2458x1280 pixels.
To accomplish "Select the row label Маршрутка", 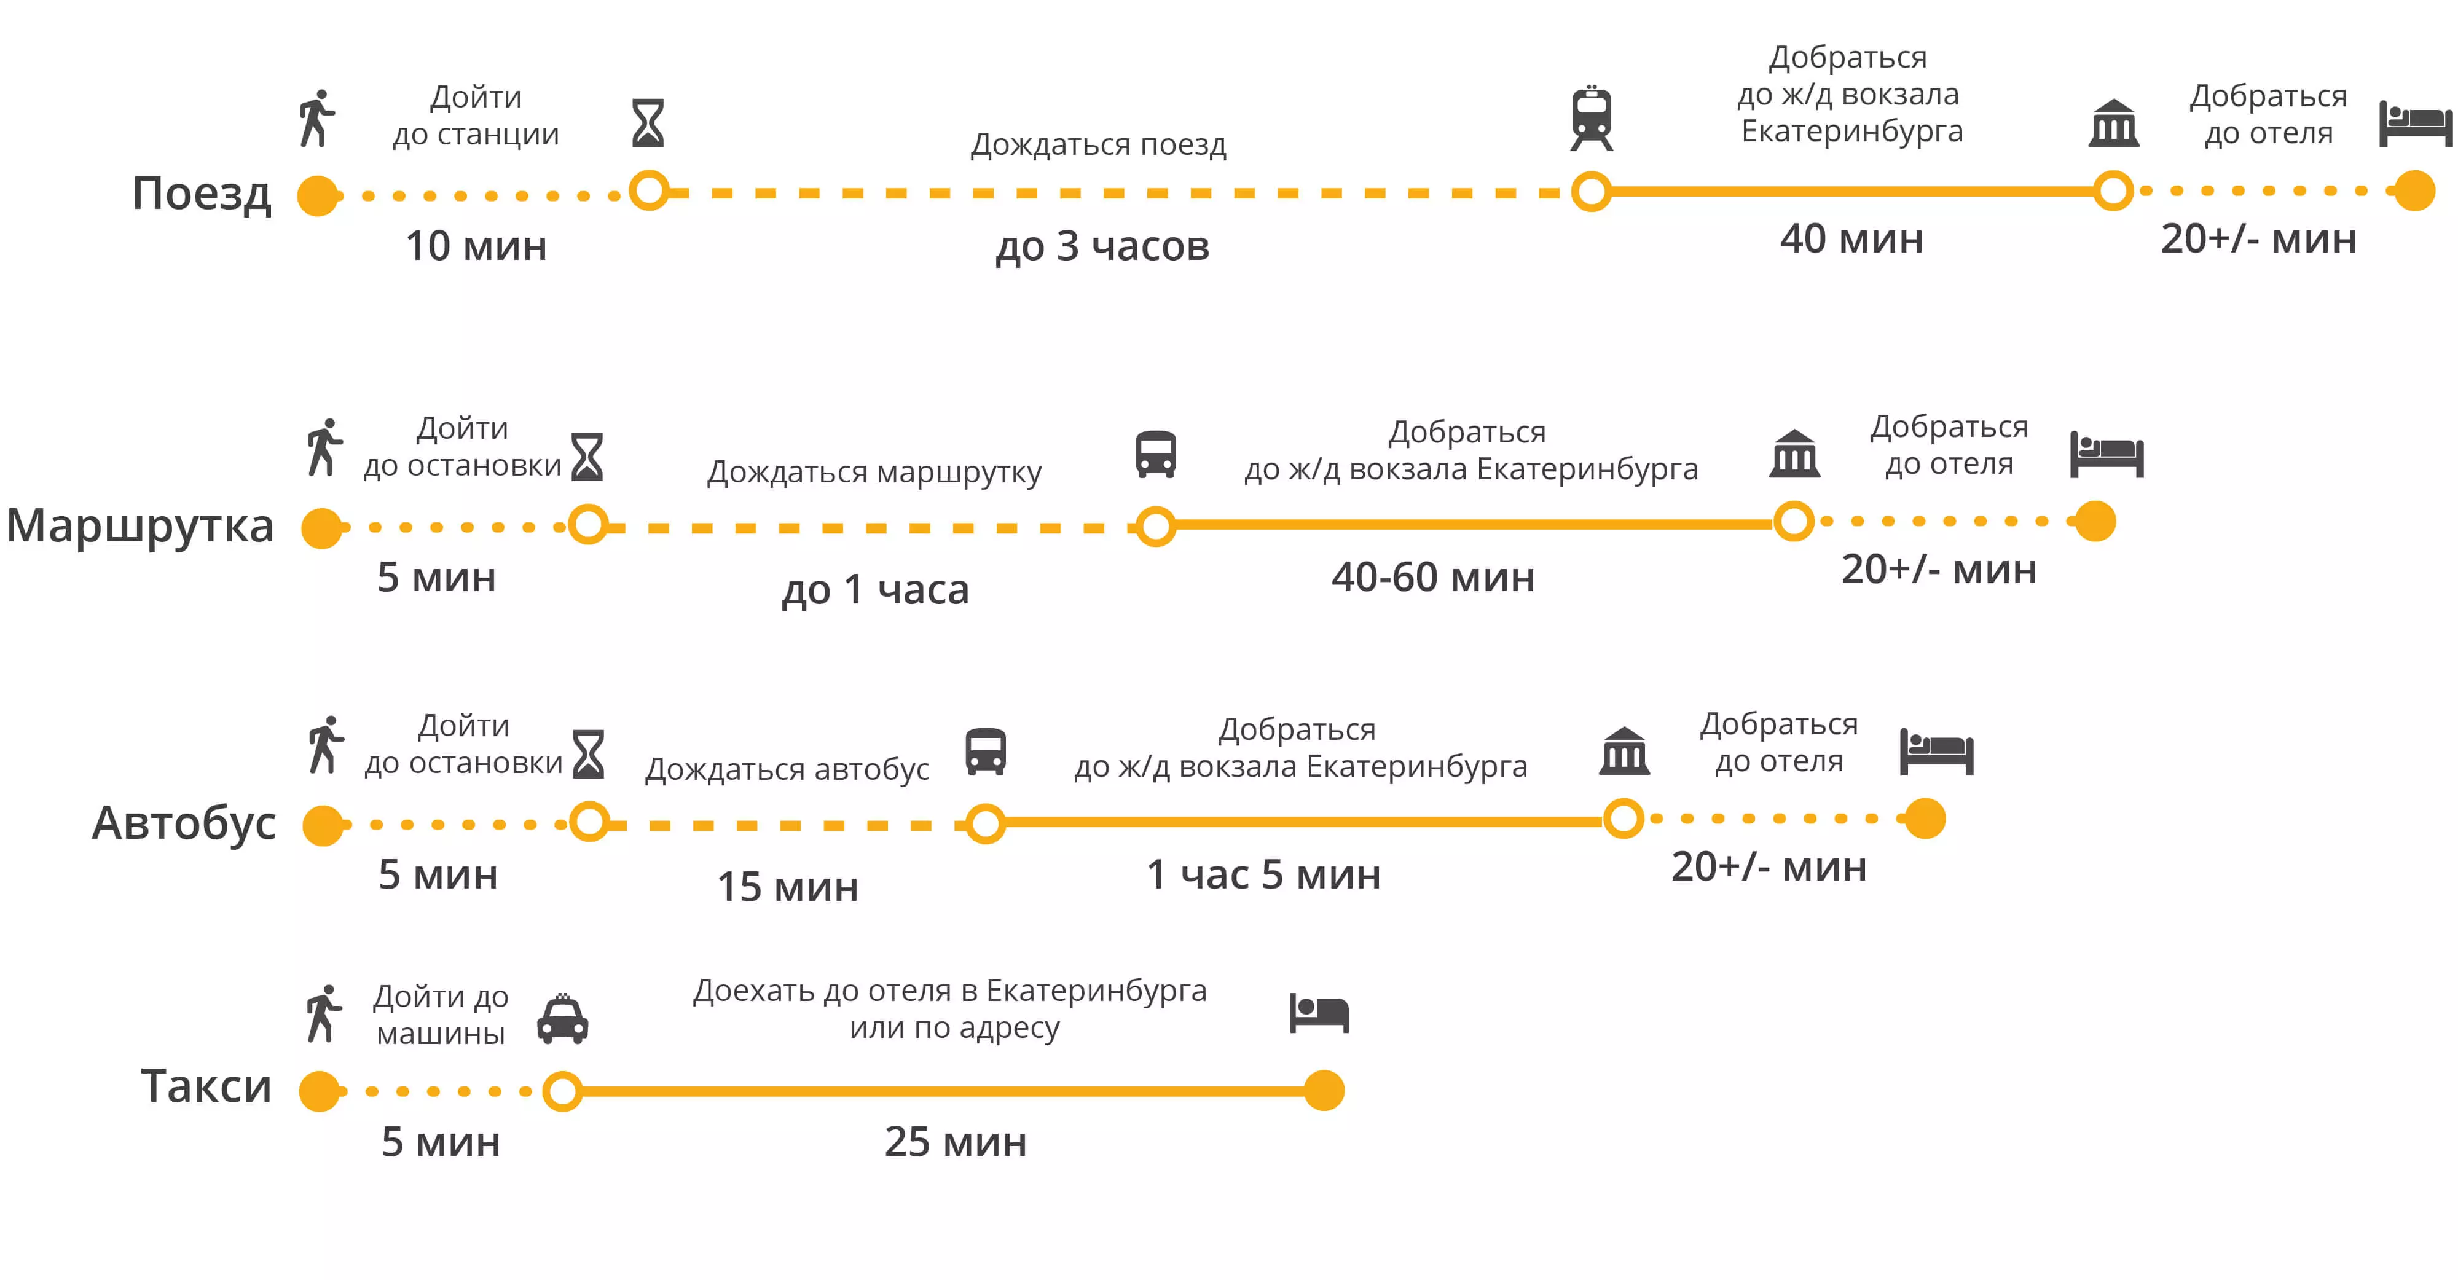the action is point(140,526).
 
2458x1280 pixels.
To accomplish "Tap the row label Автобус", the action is point(184,823).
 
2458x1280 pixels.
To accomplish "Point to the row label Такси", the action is point(206,1086).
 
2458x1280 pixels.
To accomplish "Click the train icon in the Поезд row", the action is point(1592,119).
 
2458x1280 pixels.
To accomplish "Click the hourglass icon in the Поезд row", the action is point(648,123).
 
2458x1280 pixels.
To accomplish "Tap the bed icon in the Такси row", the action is point(1319,1013).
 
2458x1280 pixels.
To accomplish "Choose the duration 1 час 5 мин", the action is point(1263,874).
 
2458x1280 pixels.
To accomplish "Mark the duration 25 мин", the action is point(955,1142).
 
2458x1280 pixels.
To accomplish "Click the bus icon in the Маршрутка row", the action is point(1155,453).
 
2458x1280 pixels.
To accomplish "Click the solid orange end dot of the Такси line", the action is point(1324,1090).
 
